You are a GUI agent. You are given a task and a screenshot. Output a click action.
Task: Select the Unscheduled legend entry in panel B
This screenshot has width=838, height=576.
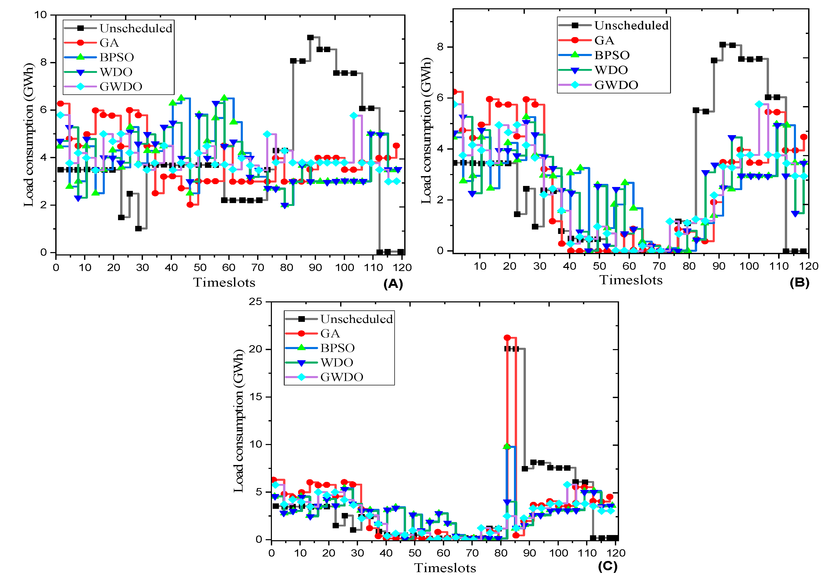(x=631, y=25)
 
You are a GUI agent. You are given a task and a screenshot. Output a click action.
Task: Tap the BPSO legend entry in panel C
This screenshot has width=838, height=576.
(x=337, y=348)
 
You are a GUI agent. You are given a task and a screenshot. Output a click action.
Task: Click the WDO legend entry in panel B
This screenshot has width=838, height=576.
(x=611, y=70)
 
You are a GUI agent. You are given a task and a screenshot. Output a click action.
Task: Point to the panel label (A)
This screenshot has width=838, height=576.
(x=393, y=284)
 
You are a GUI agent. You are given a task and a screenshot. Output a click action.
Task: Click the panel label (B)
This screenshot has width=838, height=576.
(x=799, y=283)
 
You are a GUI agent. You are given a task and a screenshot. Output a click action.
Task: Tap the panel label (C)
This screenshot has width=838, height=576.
(x=608, y=566)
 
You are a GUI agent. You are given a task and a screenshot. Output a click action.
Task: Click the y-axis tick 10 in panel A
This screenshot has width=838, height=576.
(x=40, y=15)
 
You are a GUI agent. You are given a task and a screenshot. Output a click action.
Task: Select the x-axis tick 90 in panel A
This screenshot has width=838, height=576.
(x=315, y=267)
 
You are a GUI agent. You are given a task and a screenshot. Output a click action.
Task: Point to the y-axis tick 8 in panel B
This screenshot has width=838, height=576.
(x=440, y=47)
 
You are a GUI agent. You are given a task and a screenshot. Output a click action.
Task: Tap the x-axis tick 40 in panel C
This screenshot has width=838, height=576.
(x=386, y=553)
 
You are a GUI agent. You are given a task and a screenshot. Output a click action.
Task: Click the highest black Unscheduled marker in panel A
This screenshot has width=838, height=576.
(x=310, y=37)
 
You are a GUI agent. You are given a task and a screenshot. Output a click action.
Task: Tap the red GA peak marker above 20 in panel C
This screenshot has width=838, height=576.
(x=507, y=337)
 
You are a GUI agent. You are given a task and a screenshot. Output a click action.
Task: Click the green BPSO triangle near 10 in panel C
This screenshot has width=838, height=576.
(x=506, y=446)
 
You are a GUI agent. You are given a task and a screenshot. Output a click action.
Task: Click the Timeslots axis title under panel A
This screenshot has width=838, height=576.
(x=224, y=282)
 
